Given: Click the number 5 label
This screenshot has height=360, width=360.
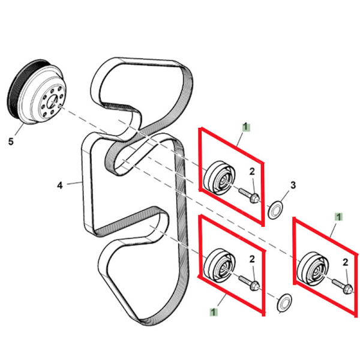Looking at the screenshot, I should (x=10, y=142).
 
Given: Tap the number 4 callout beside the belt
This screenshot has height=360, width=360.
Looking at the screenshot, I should (x=60, y=185).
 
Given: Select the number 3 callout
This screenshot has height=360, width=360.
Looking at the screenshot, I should (x=293, y=185).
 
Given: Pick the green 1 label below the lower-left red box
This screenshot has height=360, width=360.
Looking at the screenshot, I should (x=214, y=311).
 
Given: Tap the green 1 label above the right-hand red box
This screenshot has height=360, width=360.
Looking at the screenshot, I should (x=340, y=215).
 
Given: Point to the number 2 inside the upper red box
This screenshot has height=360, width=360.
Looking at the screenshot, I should (x=253, y=172).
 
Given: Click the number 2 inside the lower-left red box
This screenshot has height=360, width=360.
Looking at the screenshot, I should (x=253, y=259).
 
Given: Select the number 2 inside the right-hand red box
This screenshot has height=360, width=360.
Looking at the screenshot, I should (x=346, y=262).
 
